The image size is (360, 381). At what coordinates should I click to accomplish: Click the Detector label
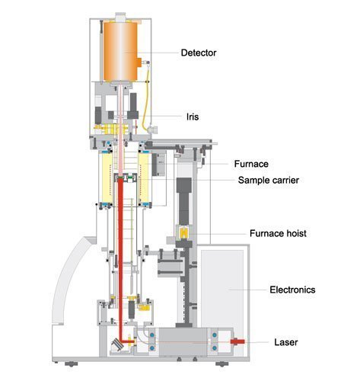(x=199, y=53)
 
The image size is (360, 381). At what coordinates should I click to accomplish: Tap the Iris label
(x=193, y=117)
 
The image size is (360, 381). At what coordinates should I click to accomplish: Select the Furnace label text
(x=251, y=164)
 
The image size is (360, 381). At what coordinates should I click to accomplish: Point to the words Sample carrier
(x=269, y=181)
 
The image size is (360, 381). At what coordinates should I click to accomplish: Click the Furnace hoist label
(x=278, y=233)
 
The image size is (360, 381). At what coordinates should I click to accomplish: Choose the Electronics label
(x=292, y=290)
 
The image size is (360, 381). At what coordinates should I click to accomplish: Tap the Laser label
(x=286, y=342)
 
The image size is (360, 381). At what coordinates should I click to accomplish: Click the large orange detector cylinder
(x=120, y=51)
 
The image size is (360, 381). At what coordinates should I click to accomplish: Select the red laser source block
(x=237, y=341)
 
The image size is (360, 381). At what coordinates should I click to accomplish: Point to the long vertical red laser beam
(x=121, y=259)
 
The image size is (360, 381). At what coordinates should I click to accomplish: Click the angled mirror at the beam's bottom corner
(x=117, y=344)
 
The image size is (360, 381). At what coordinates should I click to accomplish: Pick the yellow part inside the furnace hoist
(x=183, y=233)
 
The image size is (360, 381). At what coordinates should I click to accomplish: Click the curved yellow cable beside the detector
(x=145, y=97)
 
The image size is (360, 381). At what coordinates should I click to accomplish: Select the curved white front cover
(x=71, y=280)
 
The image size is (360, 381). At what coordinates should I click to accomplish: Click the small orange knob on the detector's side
(x=139, y=62)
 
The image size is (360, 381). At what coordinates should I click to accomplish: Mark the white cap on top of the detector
(x=121, y=17)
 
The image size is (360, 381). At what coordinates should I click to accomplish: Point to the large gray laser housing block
(x=183, y=342)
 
